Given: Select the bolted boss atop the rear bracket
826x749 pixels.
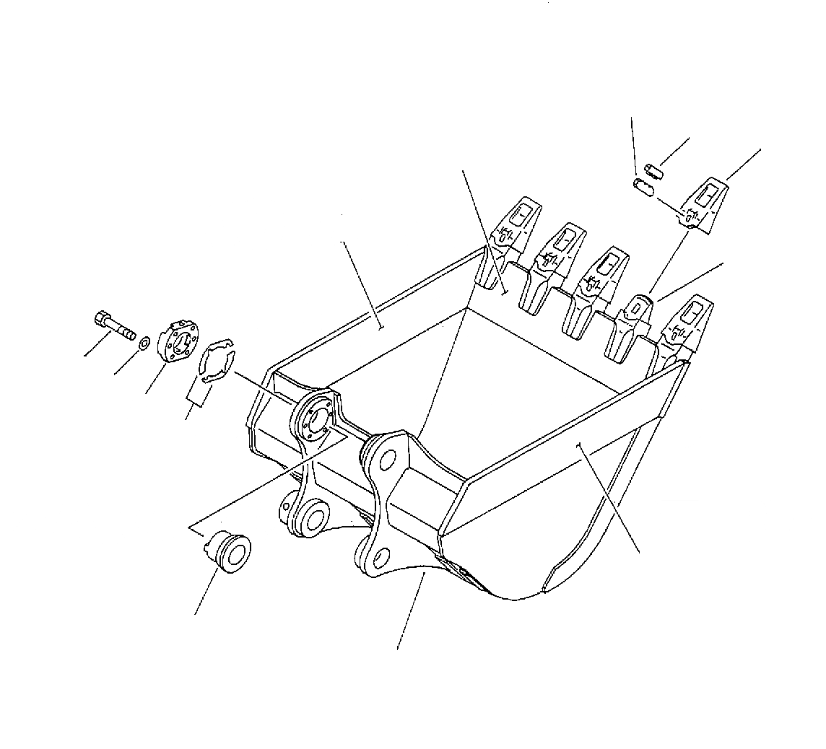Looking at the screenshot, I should pyautogui.click(x=314, y=418).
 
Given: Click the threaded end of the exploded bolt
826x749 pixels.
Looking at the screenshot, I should pyautogui.click(x=129, y=334).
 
